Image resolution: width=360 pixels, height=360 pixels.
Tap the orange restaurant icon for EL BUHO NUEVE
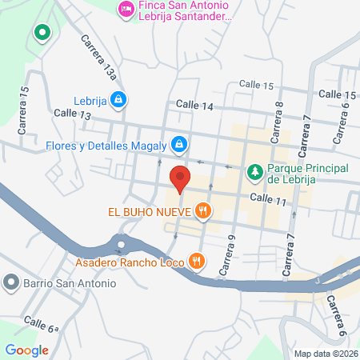coord(204,211)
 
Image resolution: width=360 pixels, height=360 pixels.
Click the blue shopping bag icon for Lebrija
coord(118,98)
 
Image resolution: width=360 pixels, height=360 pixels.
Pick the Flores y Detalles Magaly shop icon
coord(180,145)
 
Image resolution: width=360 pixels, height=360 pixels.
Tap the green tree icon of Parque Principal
coord(254,170)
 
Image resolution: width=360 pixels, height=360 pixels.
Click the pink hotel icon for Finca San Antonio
coord(126,10)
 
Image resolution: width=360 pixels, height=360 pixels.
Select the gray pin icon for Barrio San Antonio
coord(10,282)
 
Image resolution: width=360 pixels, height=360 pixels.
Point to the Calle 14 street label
coord(194,105)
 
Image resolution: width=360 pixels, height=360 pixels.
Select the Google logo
coord(26,350)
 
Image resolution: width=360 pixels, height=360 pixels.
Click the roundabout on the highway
coord(121,243)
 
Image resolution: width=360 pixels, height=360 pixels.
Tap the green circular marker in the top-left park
coord(42,34)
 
